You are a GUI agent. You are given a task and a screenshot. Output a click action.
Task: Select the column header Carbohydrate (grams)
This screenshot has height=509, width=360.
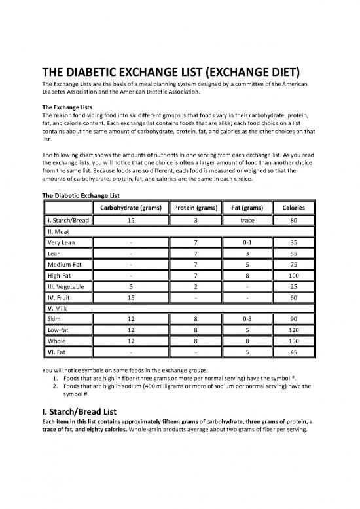[132, 208]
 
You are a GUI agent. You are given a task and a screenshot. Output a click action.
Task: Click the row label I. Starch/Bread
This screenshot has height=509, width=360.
[65, 221]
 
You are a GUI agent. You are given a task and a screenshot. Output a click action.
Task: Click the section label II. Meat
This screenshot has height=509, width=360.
[58, 231]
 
